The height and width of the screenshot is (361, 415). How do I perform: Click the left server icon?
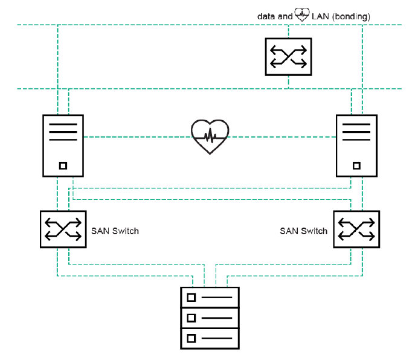63,145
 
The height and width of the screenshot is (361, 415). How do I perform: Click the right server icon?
356,145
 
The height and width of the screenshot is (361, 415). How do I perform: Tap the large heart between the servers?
210,136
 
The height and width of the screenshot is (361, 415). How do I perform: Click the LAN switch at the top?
289,57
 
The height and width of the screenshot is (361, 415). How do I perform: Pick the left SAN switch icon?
63,229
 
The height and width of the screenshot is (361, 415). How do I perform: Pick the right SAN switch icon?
356,229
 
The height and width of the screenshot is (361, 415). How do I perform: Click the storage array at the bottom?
210,318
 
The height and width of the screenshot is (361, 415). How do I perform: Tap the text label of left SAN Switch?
115,231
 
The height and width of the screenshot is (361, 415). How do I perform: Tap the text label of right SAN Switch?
303,231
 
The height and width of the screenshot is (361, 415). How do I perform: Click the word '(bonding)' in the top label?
349,16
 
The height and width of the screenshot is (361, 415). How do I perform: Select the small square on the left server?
63,165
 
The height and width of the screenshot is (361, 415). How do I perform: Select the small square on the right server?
356,165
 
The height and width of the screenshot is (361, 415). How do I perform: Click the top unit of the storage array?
210,298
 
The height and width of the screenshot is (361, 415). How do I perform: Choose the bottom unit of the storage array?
210,337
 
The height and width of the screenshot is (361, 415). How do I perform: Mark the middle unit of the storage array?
210,318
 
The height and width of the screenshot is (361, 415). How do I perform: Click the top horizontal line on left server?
63,125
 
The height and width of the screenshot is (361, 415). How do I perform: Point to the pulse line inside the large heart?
210,136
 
